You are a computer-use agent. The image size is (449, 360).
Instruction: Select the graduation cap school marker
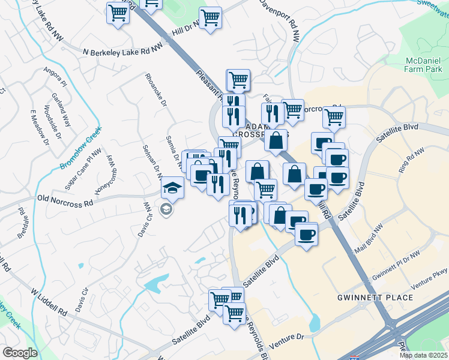(172, 188)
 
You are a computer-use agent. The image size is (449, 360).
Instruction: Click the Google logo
(20, 353)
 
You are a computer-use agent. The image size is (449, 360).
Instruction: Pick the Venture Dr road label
(288, 342)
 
